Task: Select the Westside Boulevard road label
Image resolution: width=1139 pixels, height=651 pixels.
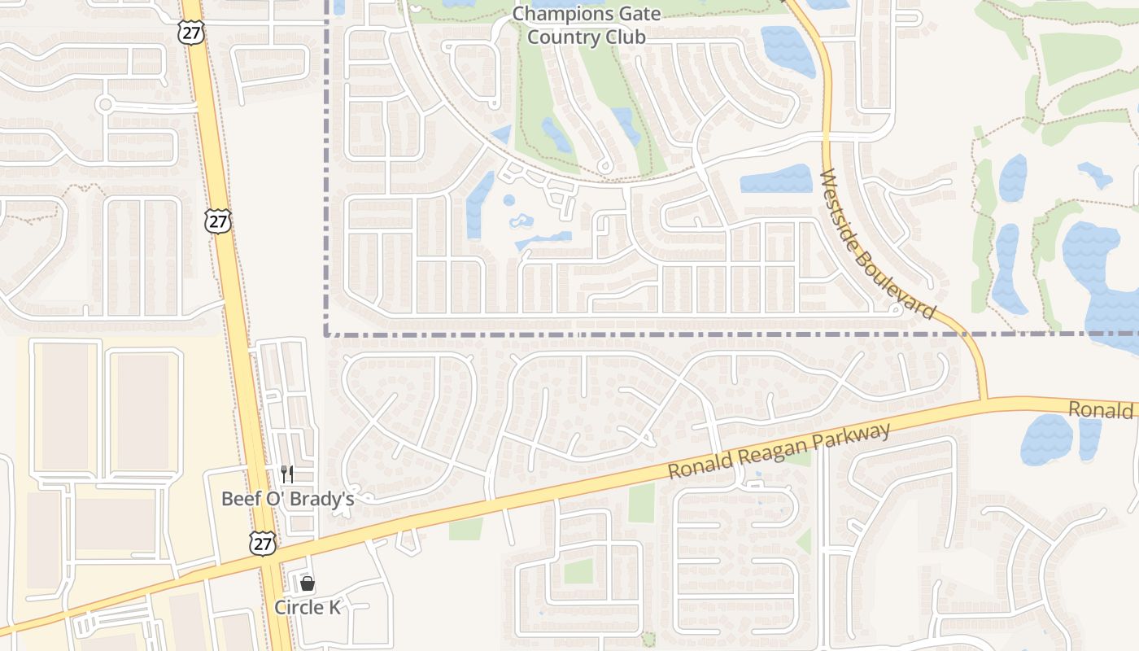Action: pyautogui.click(x=878, y=244)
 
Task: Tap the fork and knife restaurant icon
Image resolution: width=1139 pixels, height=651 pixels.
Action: pyautogui.click(x=286, y=474)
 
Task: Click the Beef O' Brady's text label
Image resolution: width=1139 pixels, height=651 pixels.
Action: pyautogui.click(x=287, y=498)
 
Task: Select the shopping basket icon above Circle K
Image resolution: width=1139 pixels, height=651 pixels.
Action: pyautogui.click(x=307, y=583)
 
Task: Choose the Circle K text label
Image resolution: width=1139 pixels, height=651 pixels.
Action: pyautogui.click(x=307, y=607)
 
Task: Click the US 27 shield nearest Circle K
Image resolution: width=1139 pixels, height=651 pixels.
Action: pyautogui.click(x=262, y=544)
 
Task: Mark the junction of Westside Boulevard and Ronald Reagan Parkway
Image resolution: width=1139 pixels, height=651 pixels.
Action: pyautogui.click(x=985, y=400)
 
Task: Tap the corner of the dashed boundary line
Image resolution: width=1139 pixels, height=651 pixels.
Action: pyautogui.click(x=326, y=334)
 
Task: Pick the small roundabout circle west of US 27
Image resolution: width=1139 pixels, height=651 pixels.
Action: pyautogui.click(x=104, y=104)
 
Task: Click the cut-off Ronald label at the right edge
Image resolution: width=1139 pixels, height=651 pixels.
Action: pyautogui.click(x=1102, y=409)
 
